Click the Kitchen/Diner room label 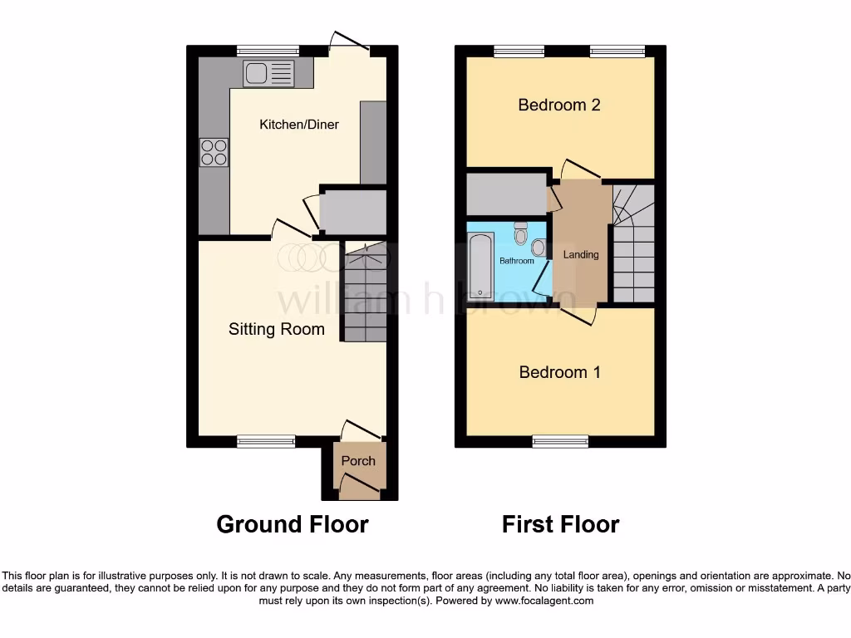(x=299, y=125)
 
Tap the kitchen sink (x=268, y=74)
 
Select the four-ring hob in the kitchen (x=214, y=153)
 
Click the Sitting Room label (x=276, y=330)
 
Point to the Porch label (x=358, y=461)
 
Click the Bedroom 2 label (x=558, y=105)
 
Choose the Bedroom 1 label (x=559, y=372)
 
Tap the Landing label (x=581, y=254)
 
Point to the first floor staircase (x=633, y=244)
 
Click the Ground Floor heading (x=292, y=524)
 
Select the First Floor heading (x=560, y=524)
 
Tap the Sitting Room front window (x=266, y=441)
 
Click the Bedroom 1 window (x=560, y=441)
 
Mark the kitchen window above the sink (x=267, y=51)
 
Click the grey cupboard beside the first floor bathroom (x=505, y=194)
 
